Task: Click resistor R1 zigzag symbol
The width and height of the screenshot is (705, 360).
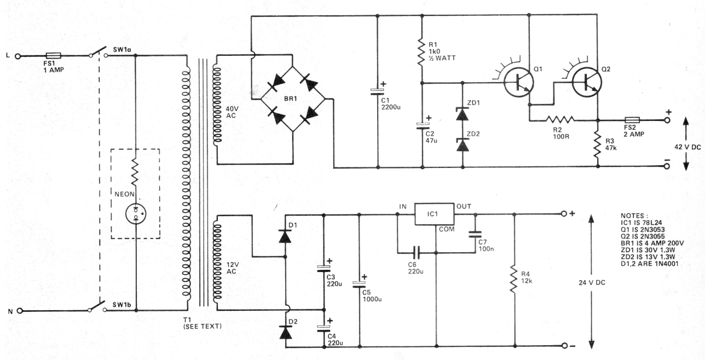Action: coord(422,51)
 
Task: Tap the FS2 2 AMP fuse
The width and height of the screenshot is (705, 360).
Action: coord(634,120)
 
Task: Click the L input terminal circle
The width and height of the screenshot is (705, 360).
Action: coord(19,56)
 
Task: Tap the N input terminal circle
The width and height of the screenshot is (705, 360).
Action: coord(20,311)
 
